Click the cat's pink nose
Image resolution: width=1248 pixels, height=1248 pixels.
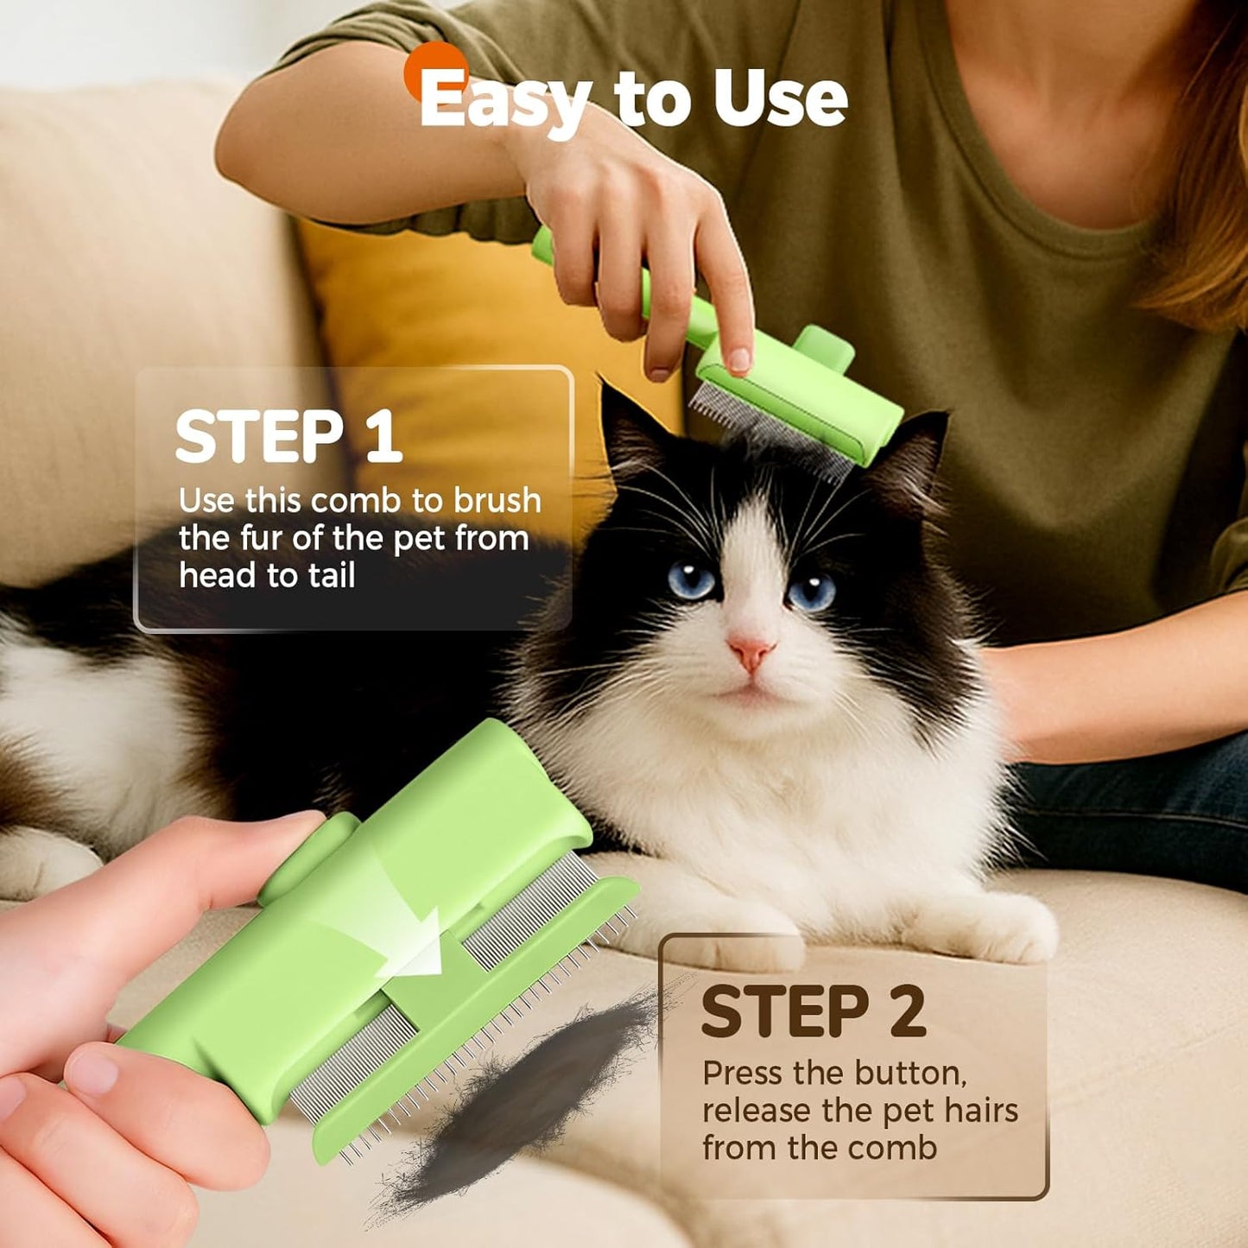click(750, 652)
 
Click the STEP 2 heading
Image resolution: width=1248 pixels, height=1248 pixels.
click(813, 1011)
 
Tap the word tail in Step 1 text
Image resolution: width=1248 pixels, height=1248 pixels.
click(332, 576)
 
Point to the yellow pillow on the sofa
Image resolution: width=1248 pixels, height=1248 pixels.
click(449, 311)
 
